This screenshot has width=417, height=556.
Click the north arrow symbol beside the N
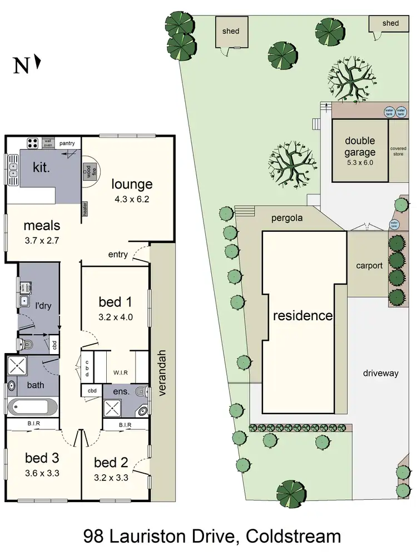point(38,61)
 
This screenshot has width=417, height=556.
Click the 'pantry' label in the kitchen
point(67,143)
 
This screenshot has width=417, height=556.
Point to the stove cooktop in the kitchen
point(33,143)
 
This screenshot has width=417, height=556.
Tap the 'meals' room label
point(42,226)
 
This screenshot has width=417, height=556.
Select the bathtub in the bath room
point(32,407)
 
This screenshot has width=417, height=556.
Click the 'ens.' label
point(121,391)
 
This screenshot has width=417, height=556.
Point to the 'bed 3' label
point(42,458)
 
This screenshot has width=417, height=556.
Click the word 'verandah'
point(162,373)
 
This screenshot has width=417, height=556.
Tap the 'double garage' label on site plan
point(360,147)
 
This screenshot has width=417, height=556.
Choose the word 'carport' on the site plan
point(369,265)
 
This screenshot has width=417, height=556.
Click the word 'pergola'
point(287,218)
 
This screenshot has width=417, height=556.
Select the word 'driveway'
point(381,373)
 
